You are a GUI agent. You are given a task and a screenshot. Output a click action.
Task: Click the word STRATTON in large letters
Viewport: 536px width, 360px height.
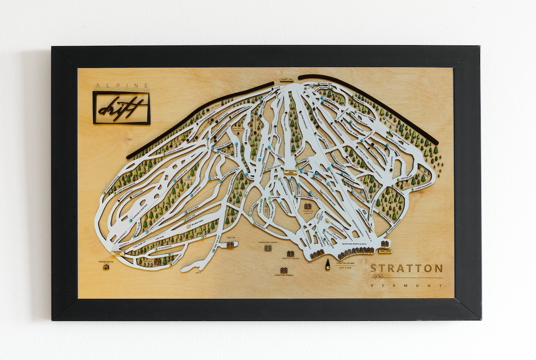point(406,269)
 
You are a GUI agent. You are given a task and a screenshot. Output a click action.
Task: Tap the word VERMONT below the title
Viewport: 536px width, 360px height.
point(406,285)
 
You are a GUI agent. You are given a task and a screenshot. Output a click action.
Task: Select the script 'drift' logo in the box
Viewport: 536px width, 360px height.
point(121,108)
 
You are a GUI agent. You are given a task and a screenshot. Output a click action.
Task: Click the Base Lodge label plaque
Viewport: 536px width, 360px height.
point(385,251)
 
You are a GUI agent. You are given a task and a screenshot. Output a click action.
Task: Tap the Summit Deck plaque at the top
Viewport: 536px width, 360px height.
point(287,79)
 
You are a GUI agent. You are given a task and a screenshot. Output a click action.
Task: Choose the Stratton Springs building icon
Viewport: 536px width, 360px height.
point(283,270)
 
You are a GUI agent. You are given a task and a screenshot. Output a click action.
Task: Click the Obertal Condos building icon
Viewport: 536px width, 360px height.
point(290,254)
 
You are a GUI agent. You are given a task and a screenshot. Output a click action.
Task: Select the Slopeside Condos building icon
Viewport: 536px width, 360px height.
point(268,247)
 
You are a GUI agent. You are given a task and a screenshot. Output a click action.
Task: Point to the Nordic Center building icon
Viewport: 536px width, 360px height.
point(106,267)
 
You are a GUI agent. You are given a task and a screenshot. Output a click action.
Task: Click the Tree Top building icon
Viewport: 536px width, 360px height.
point(230,244)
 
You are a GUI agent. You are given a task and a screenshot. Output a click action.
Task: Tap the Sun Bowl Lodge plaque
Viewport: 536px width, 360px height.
point(118,253)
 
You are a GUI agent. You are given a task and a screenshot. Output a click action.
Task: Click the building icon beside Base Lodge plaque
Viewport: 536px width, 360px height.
point(385,243)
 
